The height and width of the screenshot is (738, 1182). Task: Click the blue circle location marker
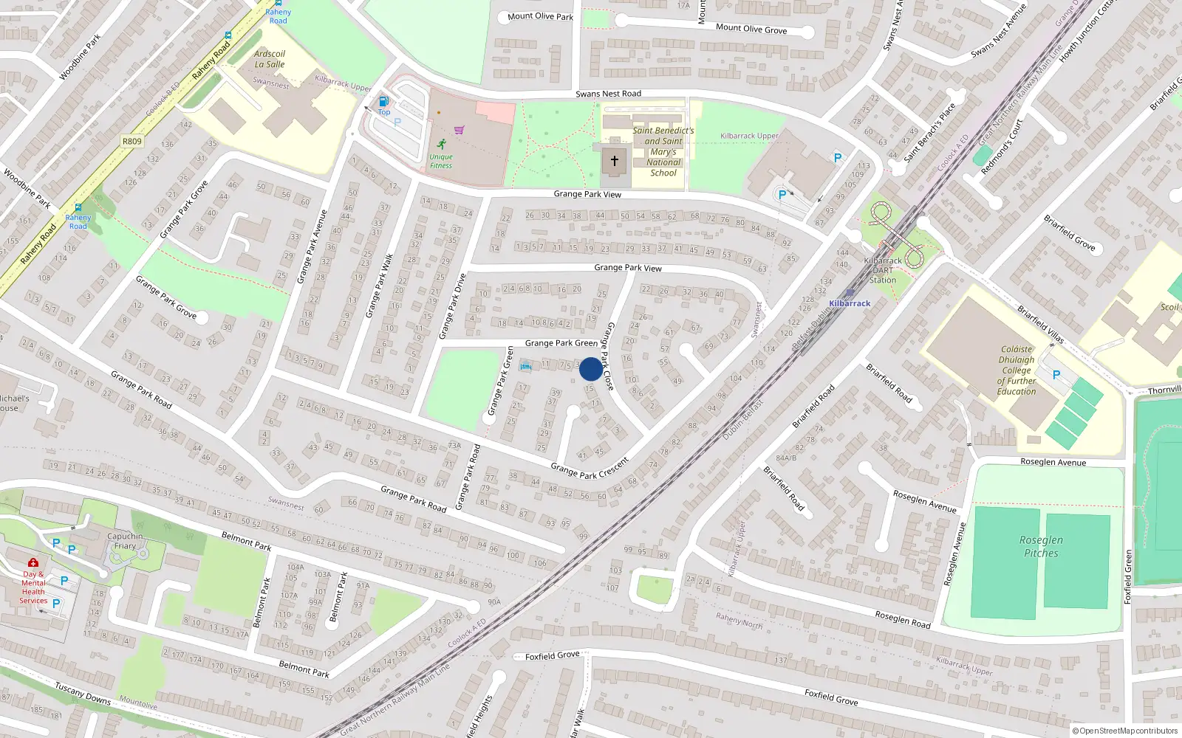pyautogui.click(x=591, y=369)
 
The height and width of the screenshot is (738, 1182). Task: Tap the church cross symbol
pyautogui.click(x=614, y=160)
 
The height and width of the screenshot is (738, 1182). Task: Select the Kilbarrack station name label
pyautogui.click(x=850, y=303)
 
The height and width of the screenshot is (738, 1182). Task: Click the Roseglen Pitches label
pyautogui.click(x=1041, y=546)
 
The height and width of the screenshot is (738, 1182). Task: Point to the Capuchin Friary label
pyautogui.click(x=125, y=541)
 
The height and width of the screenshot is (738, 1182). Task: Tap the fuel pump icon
pyautogui.click(x=383, y=102)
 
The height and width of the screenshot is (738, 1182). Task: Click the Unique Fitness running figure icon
pyautogui.click(x=442, y=144)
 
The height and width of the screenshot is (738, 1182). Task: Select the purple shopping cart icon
pyautogui.click(x=460, y=131)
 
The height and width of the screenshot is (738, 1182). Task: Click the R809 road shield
pyautogui.click(x=131, y=141)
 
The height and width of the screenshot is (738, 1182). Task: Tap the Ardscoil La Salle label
pyautogui.click(x=270, y=59)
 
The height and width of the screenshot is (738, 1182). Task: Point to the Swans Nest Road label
pyautogui.click(x=608, y=94)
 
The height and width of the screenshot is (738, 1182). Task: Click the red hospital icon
pyautogui.click(x=33, y=563)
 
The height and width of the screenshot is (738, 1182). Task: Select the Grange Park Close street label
pyautogui.click(x=609, y=356)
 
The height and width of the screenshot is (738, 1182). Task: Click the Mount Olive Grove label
pyautogui.click(x=751, y=29)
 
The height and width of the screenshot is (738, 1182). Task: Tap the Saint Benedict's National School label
pyautogui.click(x=663, y=151)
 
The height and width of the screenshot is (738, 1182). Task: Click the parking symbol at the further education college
pyautogui.click(x=1056, y=375)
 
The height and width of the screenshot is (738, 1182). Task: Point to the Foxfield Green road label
pyautogui.click(x=1128, y=577)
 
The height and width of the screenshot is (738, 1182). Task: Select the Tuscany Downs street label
pyautogui.click(x=83, y=692)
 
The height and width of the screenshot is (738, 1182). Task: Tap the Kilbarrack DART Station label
pyautogui.click(x=883, y=270)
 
